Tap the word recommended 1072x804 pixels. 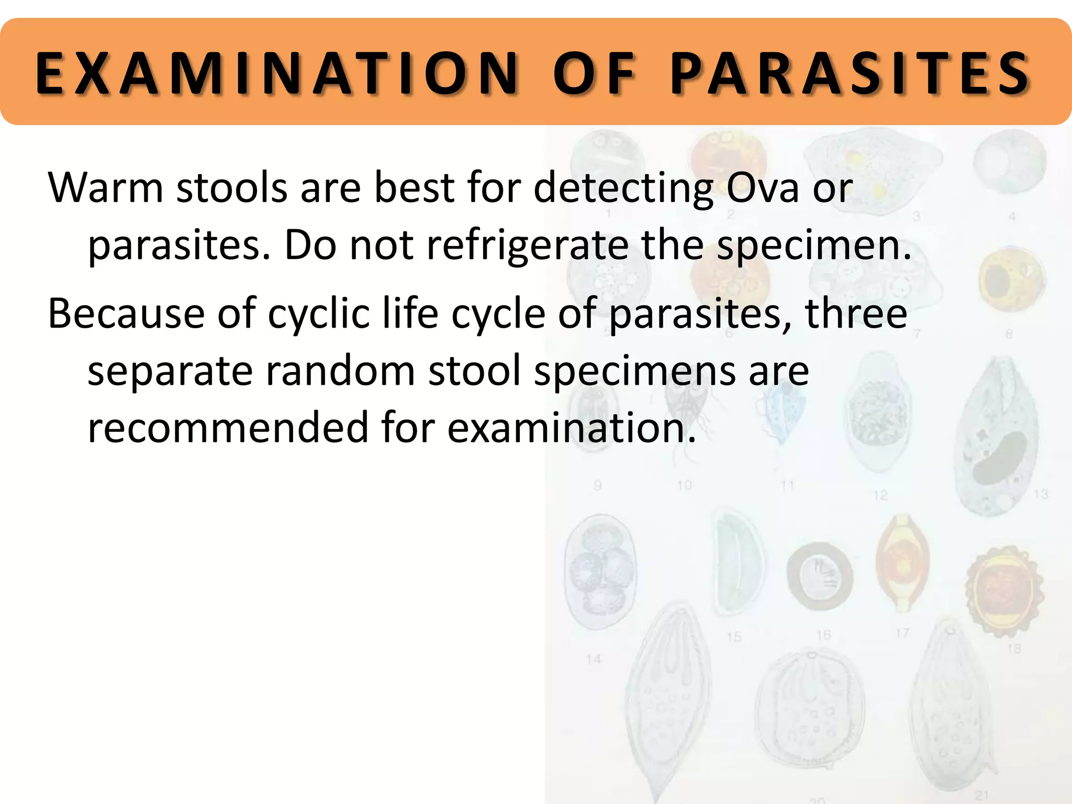click(228, 427)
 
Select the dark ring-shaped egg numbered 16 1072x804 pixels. click(820, 576)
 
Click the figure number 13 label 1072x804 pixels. click(1041, 494)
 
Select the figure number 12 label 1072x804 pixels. click(880, 495)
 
